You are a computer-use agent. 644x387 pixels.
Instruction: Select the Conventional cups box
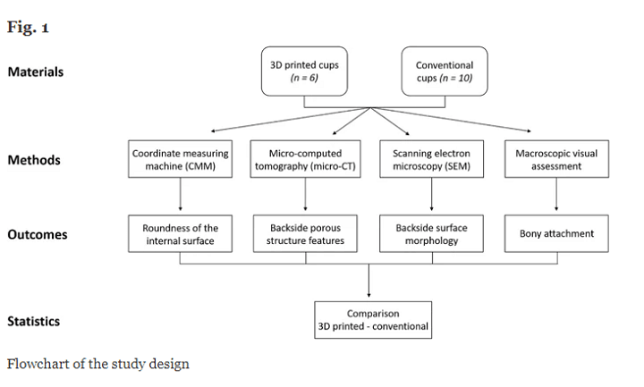tap(445, 72)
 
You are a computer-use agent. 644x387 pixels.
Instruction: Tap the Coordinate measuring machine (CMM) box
tap(182, 160)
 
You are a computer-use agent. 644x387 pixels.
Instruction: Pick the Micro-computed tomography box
tap(306, 160)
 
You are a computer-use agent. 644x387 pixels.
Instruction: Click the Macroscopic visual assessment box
tap(556, 160)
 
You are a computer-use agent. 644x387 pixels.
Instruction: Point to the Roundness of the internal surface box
tap(182, 234)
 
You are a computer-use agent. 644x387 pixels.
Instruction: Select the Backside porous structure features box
tap(306, 234)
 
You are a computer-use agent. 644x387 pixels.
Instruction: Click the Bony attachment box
tap(556, 234)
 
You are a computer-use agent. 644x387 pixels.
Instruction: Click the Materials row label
tap(36, 72)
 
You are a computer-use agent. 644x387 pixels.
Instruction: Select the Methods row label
tap(34, 161)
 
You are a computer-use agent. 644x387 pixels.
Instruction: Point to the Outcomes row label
tap(38, 236)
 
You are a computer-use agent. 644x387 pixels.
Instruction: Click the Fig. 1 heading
tap(28, 27)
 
